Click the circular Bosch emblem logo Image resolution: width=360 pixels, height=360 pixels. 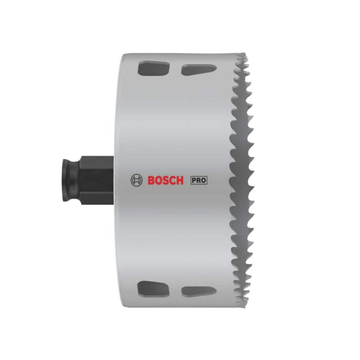pos(136,180)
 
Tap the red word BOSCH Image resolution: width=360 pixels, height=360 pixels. pos(165,180)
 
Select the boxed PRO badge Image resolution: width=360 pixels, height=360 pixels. pos(199,180)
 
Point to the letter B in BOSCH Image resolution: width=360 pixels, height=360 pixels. pos(151,180)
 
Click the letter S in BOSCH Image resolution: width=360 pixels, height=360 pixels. pos(165,180)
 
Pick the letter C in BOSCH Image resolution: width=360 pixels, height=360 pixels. pos(173,180)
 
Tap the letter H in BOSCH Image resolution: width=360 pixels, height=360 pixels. pos(180,180)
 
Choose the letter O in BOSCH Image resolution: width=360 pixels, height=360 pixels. pos(159,180)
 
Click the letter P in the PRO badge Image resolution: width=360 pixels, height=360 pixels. pos(194,181)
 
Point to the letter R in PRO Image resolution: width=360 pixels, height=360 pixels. pos(198,181)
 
